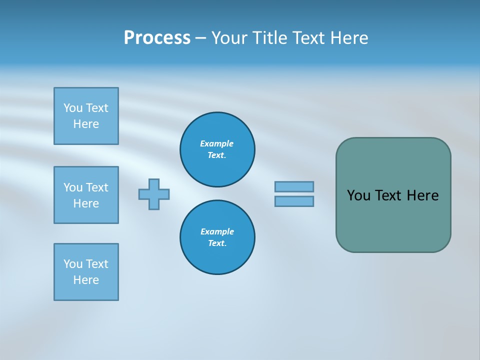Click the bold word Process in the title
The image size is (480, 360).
157,38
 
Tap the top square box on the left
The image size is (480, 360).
86,116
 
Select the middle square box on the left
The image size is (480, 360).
86,195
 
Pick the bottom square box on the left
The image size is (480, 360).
86,272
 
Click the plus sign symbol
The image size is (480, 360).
154,194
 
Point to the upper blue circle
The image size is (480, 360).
217,149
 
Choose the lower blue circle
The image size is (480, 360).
217,237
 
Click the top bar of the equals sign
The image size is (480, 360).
294,186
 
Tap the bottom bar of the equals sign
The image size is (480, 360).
294,201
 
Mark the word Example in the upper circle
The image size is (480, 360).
216,143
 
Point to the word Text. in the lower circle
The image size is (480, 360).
217,243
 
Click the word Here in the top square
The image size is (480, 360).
86,124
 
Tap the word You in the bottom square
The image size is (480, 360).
72,264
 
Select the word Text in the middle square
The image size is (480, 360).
97,187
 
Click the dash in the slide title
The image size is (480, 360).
200,38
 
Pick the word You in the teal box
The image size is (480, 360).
358,195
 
